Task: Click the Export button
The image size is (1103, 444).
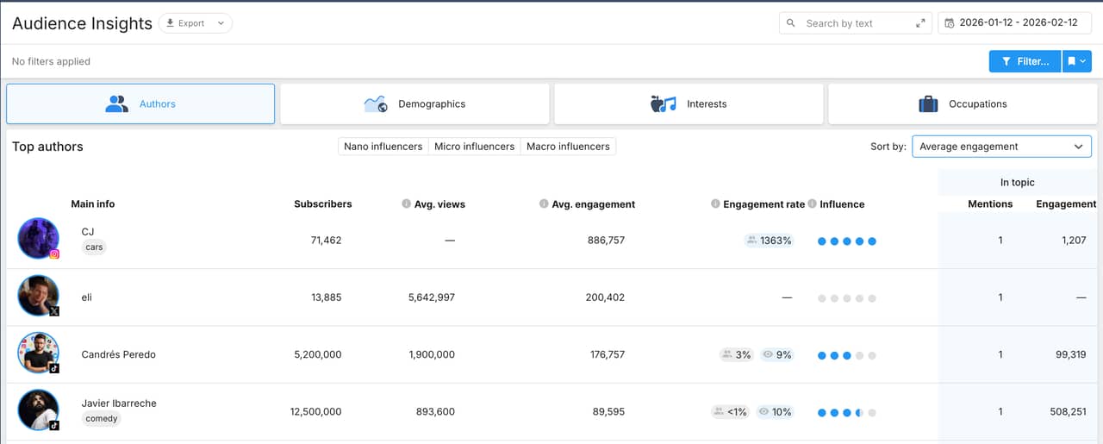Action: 195,23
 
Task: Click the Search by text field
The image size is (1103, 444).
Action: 853,23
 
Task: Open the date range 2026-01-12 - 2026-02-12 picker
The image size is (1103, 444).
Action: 1014,23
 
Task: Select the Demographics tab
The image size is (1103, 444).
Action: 414,104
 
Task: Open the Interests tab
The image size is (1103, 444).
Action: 689,104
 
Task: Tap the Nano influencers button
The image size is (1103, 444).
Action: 383,147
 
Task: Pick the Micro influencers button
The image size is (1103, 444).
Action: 474,147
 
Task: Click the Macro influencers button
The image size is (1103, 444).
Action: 568,147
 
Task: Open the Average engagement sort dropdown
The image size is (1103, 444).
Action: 1001,147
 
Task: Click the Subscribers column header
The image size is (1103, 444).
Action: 322,204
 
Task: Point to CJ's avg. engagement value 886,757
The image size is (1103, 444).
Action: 606,241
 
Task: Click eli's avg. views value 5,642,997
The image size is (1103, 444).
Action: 431,297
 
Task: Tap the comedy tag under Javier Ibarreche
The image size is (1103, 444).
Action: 102,419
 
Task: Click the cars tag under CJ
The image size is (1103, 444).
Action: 94,247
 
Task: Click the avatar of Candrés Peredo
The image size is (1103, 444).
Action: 39,353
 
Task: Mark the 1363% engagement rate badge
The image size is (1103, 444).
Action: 769,241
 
